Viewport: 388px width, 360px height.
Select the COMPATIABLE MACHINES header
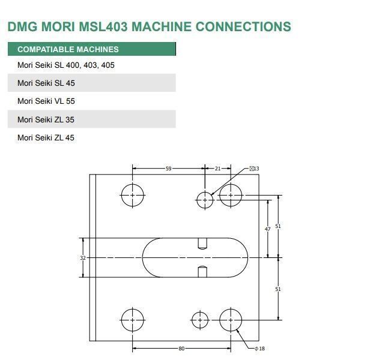pos(68,49)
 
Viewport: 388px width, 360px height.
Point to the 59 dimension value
pos(169,169)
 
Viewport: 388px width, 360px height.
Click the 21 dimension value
pos(217,169)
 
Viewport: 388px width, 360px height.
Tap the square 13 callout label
pos(255,169)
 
